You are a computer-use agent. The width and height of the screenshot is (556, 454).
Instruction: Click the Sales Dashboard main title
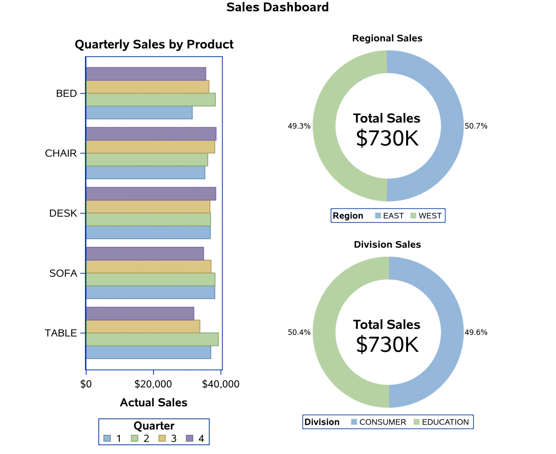point(277,7)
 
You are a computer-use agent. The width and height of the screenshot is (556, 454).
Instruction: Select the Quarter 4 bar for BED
point(146,74)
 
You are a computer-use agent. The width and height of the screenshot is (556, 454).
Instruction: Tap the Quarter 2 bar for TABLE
point(152,339)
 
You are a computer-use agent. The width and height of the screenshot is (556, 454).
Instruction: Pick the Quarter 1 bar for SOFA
point(150,292)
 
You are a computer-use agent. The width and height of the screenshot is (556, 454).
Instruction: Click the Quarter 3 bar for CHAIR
point(150,147)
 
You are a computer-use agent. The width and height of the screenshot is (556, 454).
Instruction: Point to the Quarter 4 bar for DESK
point(151,194)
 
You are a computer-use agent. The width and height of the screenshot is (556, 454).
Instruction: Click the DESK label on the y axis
point(63,213)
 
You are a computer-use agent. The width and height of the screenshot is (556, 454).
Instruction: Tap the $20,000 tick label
point(153,384)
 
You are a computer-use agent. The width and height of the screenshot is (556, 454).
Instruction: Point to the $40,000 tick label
point(220,384)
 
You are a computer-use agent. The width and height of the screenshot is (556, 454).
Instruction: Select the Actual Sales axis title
point(153,403)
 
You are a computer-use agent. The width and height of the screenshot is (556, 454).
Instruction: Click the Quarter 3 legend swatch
point(162,438)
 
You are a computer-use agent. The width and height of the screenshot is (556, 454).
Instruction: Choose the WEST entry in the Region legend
point(426,216)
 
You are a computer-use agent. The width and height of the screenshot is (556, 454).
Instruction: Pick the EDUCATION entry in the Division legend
point(441,422)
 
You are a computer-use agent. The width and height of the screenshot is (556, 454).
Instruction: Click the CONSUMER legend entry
point(379,422)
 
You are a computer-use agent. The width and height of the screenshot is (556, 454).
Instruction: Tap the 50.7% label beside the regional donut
point(476,126)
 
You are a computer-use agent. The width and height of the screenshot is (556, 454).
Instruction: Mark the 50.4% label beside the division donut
point(299,332)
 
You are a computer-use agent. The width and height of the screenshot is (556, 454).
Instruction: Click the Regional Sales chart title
point(387,38)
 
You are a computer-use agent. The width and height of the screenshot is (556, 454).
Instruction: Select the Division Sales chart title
point(387,244)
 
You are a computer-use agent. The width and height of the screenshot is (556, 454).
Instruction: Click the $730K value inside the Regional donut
point(387,138)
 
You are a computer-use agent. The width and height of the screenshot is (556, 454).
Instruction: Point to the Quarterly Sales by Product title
point(154,44)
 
